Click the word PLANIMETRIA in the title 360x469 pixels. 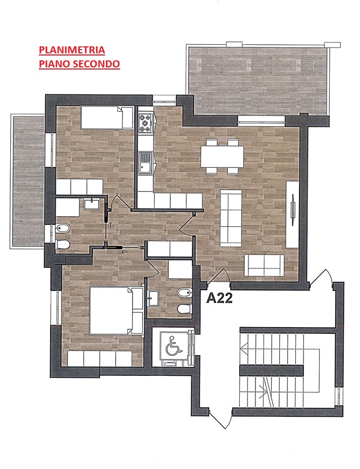coord(72,50)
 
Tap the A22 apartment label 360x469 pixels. coord(219,298)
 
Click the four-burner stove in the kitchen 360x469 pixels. coord(146,123)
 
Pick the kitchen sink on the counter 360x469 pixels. coord(146,163)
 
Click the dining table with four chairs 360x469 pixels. coord(222,156)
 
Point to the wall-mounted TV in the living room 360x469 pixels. coord(293,209)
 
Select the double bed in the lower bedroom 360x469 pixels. coord(116,311)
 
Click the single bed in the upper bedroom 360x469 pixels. coord(107,118)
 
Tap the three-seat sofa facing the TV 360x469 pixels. coord(231,218)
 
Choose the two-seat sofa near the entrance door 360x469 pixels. coord(264,265)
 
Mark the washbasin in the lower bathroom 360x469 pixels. coord(154,298)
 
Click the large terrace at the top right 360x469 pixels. coord(258,81)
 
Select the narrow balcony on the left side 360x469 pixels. coord(28,181)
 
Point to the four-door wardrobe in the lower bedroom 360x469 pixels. coord(100,358)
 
